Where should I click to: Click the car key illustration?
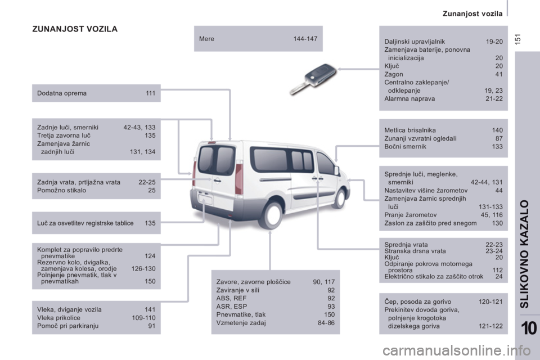pyautogui.click(x=313, y=79)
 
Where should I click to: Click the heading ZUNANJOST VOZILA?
pyautogui.click(x=75, y=29)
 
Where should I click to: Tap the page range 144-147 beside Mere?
pyautogui.click(x=305, y=39)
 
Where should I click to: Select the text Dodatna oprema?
pyautogui.click(x=62, y=93)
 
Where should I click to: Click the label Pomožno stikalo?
pyautogui.click(x=62, y=190)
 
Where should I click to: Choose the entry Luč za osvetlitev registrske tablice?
pyautogui.click(x=85, y=223)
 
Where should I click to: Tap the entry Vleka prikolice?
pyautogui.click(x=58, y=318)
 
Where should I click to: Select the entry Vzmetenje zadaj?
pyautogui.click(x=241, y=323)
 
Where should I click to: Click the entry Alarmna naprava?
pyautogui.click(x=409, y=99)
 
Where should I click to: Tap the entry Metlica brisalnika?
pyautogui.click(x=410, y=130)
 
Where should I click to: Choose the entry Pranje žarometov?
pyautogui.click(x=411, y=215)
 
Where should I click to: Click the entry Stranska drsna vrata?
pyautogui.click(x=415, y=251)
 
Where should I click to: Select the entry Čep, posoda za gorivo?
pyautogui.click(x=418, y=301)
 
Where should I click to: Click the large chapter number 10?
pyautogui.click(x=529, y=327)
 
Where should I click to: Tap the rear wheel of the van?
pyautogui.click(x=272, y=215)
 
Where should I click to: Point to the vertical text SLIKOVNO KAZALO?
pyautogui.click(x=524, y=254)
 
